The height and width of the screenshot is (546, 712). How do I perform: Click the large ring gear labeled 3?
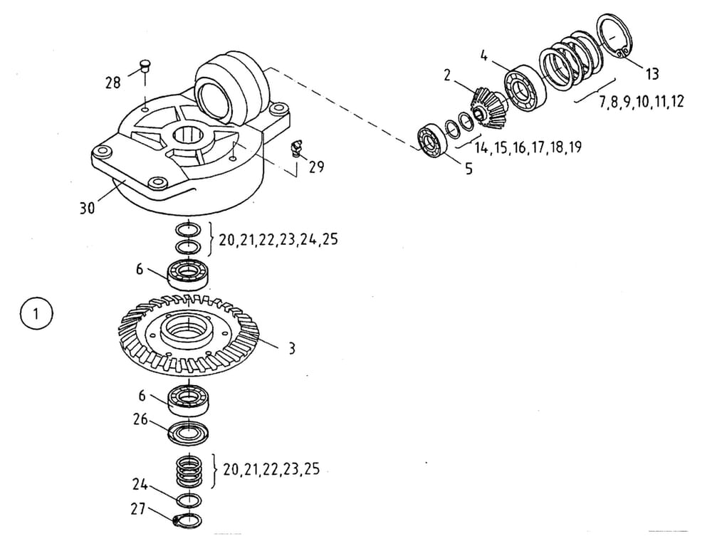[x=189, y=339]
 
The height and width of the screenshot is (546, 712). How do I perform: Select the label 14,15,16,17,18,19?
[x=528, y=147]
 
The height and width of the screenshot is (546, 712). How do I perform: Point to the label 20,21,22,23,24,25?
[x=278, y=240]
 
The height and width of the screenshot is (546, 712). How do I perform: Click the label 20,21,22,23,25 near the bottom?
[x=271, y=469]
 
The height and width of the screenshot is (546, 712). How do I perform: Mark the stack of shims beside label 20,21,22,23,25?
[x=189, y=470]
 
